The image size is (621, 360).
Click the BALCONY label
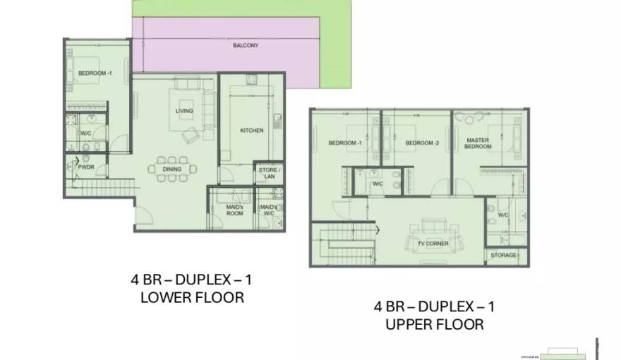click(x=245, y=45)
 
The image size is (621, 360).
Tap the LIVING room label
click(x=183, y=111)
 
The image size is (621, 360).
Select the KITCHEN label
click(x=251, y=131)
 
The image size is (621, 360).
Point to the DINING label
click(x=171, y=169)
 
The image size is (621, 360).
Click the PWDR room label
click(x=86, y=167)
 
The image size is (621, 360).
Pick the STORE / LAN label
click(x=269, y=174)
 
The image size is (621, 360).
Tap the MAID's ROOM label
click(x=234, y=210)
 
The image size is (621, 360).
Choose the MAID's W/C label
click(x=268, y=210)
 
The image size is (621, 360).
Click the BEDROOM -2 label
click(x=423, y=143)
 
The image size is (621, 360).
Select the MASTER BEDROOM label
click(x=478, y=143)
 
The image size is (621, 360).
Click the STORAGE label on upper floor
click(x=503, y=255)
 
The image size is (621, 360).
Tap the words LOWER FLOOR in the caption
click(x=192, y=297)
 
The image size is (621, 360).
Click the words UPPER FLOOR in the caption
click(x=435, y=325)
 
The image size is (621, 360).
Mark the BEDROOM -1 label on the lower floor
click(x=95, y=73)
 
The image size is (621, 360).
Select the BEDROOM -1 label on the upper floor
click(x=345, y=143)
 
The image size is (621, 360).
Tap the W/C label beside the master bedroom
click(x=503, y=215)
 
